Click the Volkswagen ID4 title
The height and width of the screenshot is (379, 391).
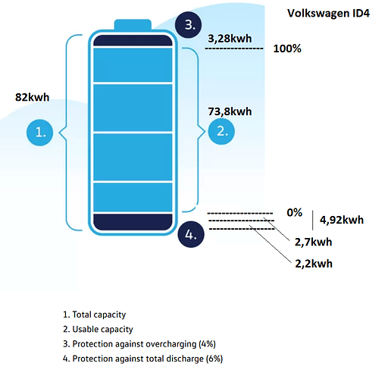(328, 14)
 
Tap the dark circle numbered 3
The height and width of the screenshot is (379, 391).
(189, 25)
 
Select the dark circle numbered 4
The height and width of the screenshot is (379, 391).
(191, 234)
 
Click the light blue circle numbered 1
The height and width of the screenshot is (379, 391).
(39, 133)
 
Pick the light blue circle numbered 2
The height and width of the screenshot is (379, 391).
(221, 131)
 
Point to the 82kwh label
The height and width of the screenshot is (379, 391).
(32, 97)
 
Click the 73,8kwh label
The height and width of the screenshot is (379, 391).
(230, 111)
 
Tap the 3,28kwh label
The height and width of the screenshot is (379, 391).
(230, 39)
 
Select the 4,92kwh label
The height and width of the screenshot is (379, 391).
(342, 220)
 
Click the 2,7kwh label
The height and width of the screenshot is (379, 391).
(313, 242)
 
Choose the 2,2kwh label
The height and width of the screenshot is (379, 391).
(314, 264)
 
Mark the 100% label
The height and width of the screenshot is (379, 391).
(287, 49)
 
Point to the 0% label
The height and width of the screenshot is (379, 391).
(295, 212)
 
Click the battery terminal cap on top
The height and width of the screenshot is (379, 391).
(133, 24)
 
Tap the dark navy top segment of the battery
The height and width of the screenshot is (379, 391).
(133, 40)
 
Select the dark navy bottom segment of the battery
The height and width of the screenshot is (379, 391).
(133, 222)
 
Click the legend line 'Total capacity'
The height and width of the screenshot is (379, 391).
(94, 315)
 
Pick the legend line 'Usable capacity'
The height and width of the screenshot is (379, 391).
(98, 330)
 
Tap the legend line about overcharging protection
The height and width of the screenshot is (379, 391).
(139, 344)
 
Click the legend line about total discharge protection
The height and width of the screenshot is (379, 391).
(142, 359)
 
